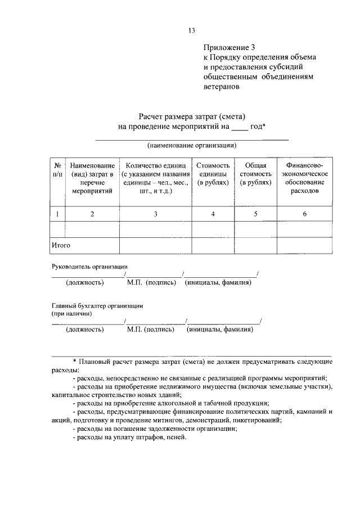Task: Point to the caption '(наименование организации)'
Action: (192, 145)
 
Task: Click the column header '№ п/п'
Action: (57, 170)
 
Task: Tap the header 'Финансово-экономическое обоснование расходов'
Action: (304, 178)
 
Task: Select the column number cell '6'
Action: (304, 214)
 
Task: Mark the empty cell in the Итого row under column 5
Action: (256, 246)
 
